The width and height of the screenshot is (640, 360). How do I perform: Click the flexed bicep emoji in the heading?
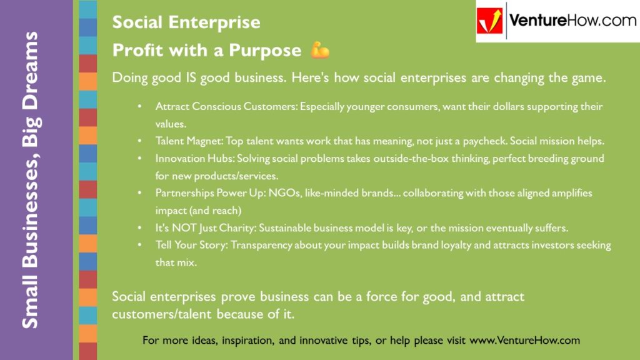point(320,50)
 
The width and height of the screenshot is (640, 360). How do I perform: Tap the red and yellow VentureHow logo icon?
point(491,21)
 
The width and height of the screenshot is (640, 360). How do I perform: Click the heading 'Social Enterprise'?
point(186,22)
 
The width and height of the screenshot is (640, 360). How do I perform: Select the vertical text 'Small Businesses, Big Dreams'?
point(29,180)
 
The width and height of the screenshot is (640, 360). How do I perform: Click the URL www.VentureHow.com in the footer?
point(524,341)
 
